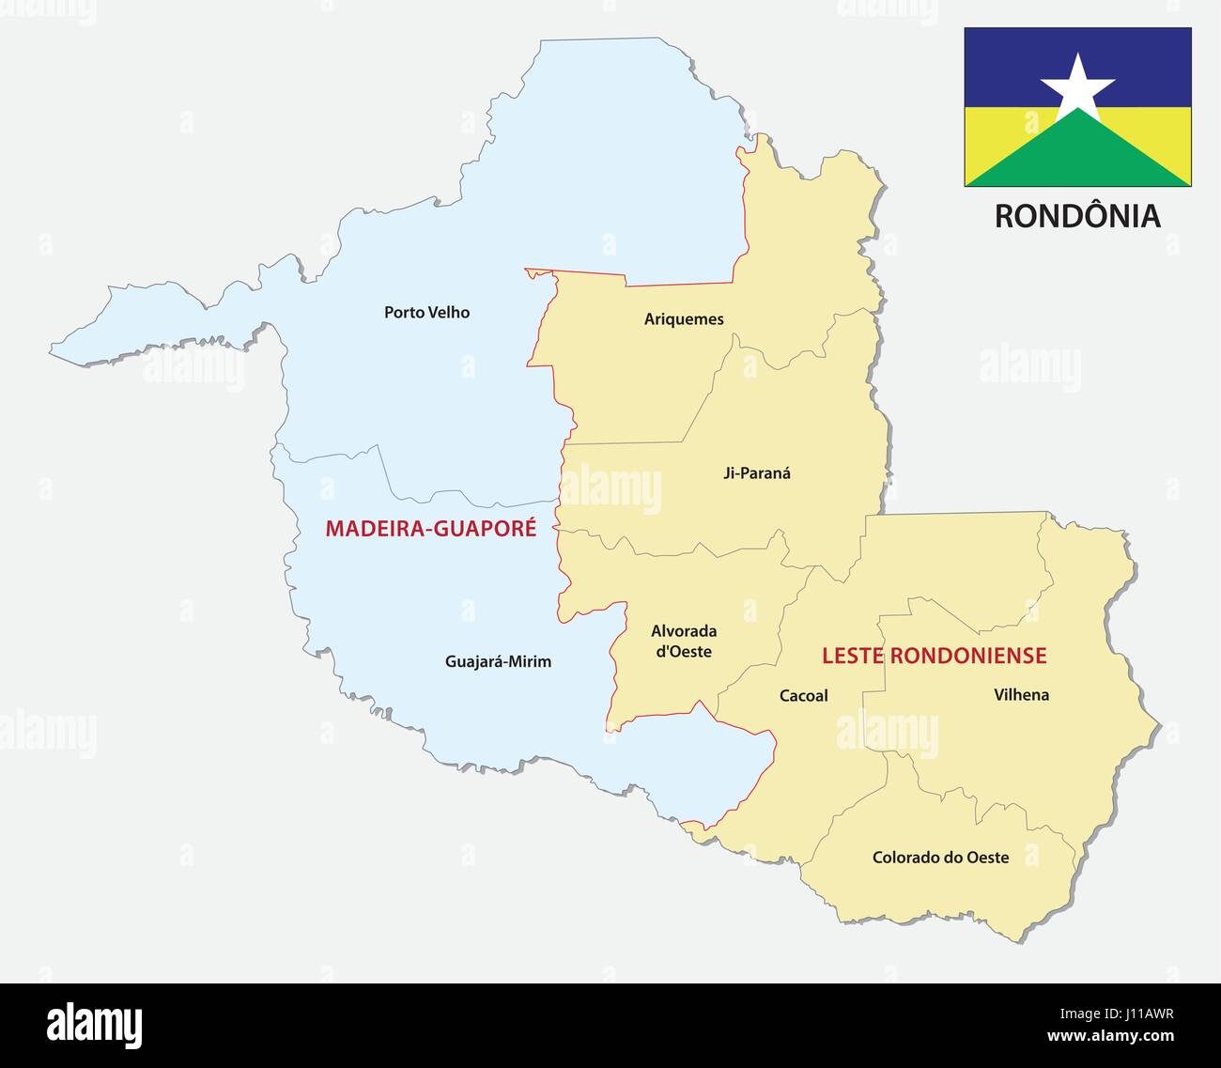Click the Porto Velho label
[426, 313]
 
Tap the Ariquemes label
[684, 319]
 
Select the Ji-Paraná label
[756, 473]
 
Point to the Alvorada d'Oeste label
[683, 642]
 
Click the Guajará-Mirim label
[498, 662]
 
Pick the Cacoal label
[803, 696]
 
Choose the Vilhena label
[1021, 695]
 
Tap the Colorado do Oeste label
[940, 858]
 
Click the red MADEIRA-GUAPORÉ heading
[431, 529]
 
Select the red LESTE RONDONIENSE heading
[934, 656]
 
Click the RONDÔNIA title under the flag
[1077, 216]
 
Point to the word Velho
[448, 313]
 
